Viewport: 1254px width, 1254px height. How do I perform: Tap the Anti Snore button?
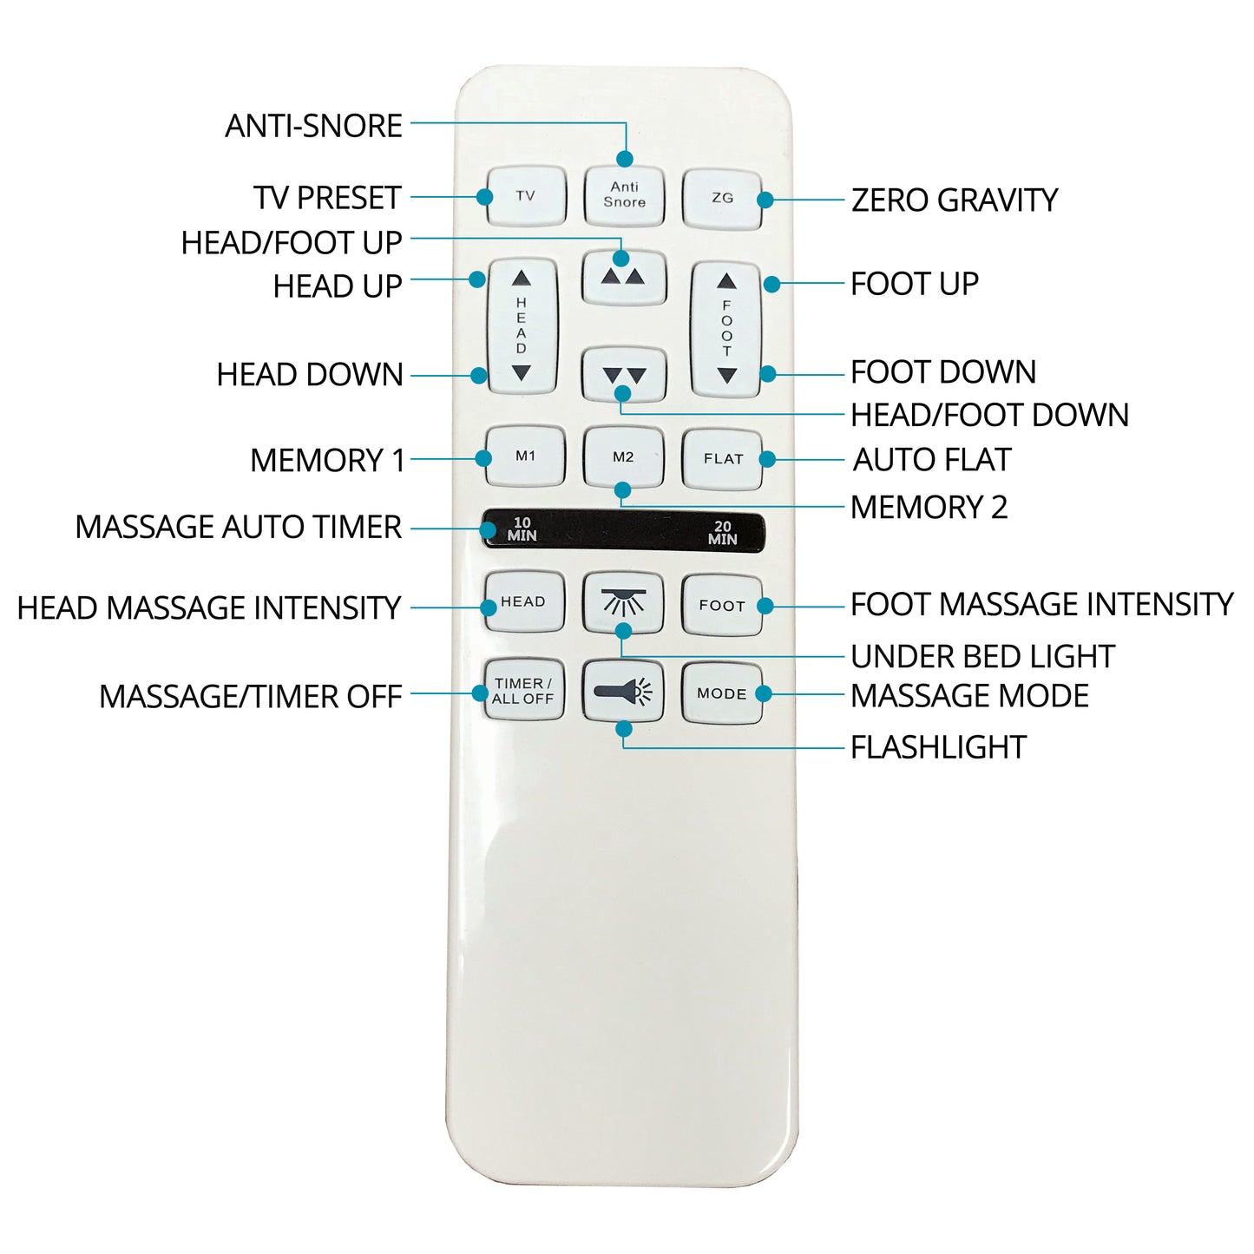click(624, 195)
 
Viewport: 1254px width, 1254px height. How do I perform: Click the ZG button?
click(722, 199)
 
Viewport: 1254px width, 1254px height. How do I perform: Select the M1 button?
click(525, 456)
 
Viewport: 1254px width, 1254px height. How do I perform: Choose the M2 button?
click(623, 457)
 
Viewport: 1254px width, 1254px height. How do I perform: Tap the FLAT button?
click(722, 459)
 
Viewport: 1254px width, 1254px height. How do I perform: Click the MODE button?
click(722, 693)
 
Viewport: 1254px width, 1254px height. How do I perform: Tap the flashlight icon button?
click(623, 691)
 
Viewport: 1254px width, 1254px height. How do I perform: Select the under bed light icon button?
click(623, 603)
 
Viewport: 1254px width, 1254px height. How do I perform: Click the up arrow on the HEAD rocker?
click(522, 279)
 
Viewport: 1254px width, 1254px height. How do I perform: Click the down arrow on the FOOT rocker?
click(727, 376)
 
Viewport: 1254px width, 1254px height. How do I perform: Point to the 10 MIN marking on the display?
click(522, 529)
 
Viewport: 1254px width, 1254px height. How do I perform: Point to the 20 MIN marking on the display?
click(722, 533)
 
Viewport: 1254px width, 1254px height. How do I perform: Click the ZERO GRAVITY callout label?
click(955, 200)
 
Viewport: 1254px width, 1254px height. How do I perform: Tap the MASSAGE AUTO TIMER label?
click(239, 527)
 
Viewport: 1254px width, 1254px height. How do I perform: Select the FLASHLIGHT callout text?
click(938, 747)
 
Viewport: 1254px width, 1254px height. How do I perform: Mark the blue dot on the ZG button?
click(765, 199)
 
